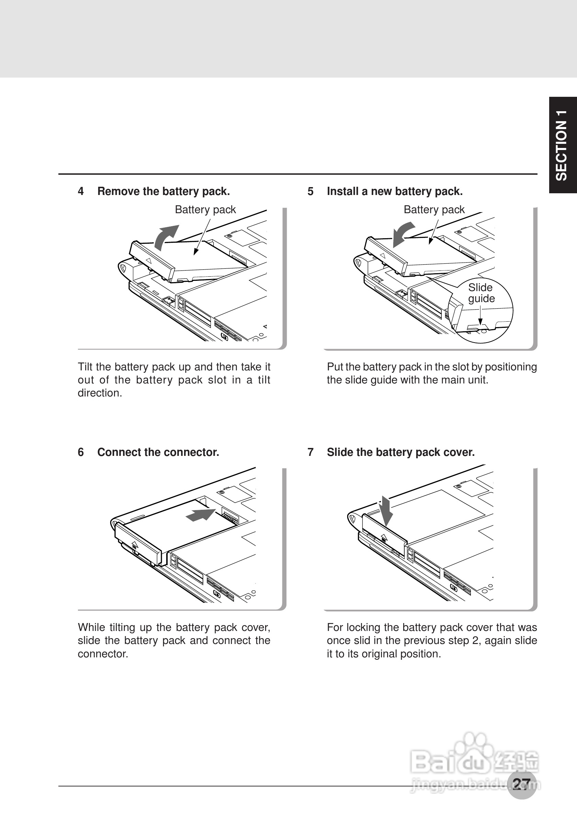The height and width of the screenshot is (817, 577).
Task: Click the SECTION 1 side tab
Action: click(563, 145)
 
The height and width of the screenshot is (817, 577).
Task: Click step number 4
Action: click(81, 192)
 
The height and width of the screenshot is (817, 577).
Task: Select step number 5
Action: click(310, 192)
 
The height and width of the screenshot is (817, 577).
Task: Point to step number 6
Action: click(81, 452)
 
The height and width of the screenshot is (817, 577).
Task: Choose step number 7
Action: click(310, 452)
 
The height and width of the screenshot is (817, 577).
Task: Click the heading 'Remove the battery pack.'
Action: click(163, 192)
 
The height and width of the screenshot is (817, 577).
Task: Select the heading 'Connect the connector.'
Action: click(158, 452)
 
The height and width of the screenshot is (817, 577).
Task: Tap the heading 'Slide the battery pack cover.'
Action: click(400, 452)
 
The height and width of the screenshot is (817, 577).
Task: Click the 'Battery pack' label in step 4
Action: click(205, 210)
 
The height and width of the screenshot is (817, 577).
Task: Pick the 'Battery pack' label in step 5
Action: click(434, 210)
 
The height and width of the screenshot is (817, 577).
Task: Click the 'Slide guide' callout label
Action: click(481, 293)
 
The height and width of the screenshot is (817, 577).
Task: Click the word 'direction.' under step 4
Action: click(100, 393)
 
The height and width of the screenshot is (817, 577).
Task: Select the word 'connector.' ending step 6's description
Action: click(103, 654)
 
